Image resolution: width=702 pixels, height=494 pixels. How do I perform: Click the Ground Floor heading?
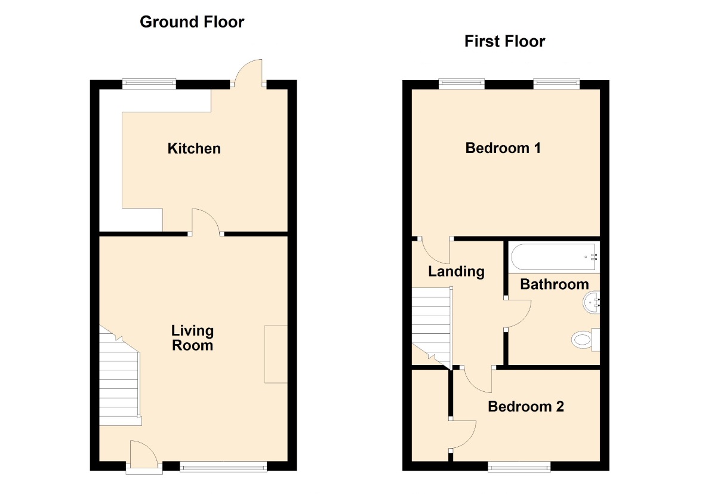[192, 22]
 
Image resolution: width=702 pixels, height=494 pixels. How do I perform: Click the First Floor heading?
[504, 41]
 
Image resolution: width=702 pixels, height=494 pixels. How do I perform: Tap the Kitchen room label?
[194, 148]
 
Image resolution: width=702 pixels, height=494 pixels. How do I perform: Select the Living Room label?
[192, 337]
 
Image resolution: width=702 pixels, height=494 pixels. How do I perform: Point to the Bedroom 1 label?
[503, 148]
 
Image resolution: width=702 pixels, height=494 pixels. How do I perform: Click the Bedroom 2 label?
[525, 406]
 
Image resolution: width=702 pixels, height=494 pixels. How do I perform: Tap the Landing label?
[456, 271]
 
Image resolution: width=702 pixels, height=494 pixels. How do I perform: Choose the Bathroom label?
[554, 284]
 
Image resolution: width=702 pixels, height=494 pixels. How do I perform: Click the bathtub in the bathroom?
[554, 257]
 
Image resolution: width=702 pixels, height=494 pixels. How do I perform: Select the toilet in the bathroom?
[586, 339]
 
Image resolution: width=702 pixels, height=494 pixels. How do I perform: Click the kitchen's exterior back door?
[248, 72]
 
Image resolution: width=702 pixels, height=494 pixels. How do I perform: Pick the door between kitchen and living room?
[206, 222]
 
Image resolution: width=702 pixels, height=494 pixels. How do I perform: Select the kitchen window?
[149, 83]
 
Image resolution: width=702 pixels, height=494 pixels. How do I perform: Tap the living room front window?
[223, 467]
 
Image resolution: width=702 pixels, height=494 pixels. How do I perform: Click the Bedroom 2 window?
[519, 467]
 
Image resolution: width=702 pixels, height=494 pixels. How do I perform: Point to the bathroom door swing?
[518, 314]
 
